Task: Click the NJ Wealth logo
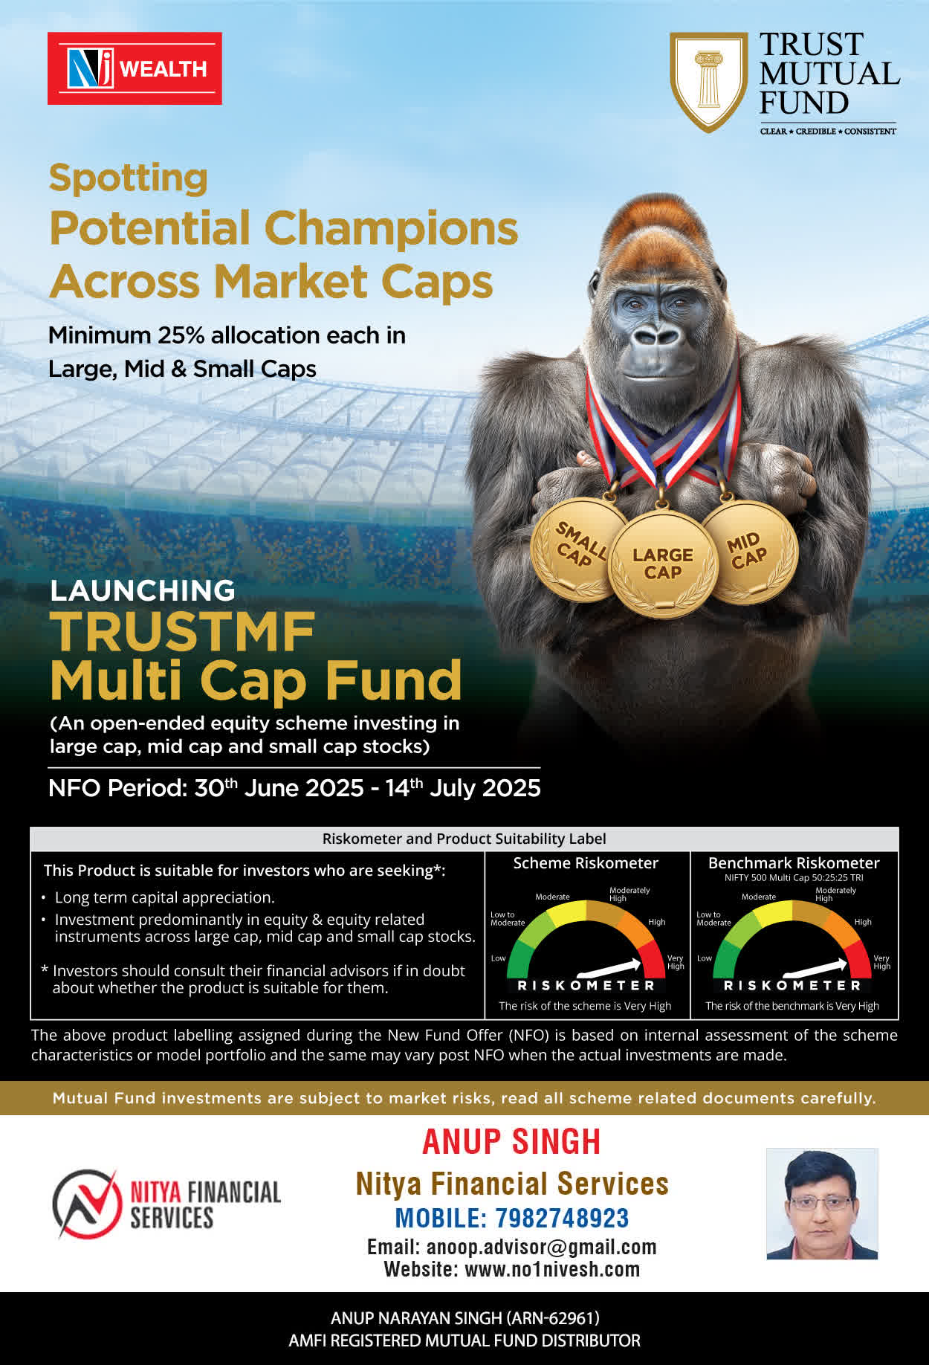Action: [x=135, y=68]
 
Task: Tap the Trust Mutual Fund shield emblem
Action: [x=708, y=82]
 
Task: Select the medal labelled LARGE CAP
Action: [x=663, y=564]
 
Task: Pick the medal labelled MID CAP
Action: [x=749, y=552]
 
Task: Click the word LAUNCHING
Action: [x=143, y=590]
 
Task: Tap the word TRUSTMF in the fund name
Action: [x=183, y=632]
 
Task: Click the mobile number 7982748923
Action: [x=562, y=1218]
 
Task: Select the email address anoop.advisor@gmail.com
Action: [x=541, y=1247]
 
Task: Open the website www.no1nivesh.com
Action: [x=552, y=1269]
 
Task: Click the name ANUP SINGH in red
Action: [x=511, y=1142]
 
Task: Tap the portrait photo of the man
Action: [x=822, y=1204]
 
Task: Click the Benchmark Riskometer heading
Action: [x=794, y=863]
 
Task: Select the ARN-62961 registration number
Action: [x=553, y=1318]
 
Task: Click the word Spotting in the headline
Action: [x=128, y=179]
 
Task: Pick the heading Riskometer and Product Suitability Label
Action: [x=464, y=839]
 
